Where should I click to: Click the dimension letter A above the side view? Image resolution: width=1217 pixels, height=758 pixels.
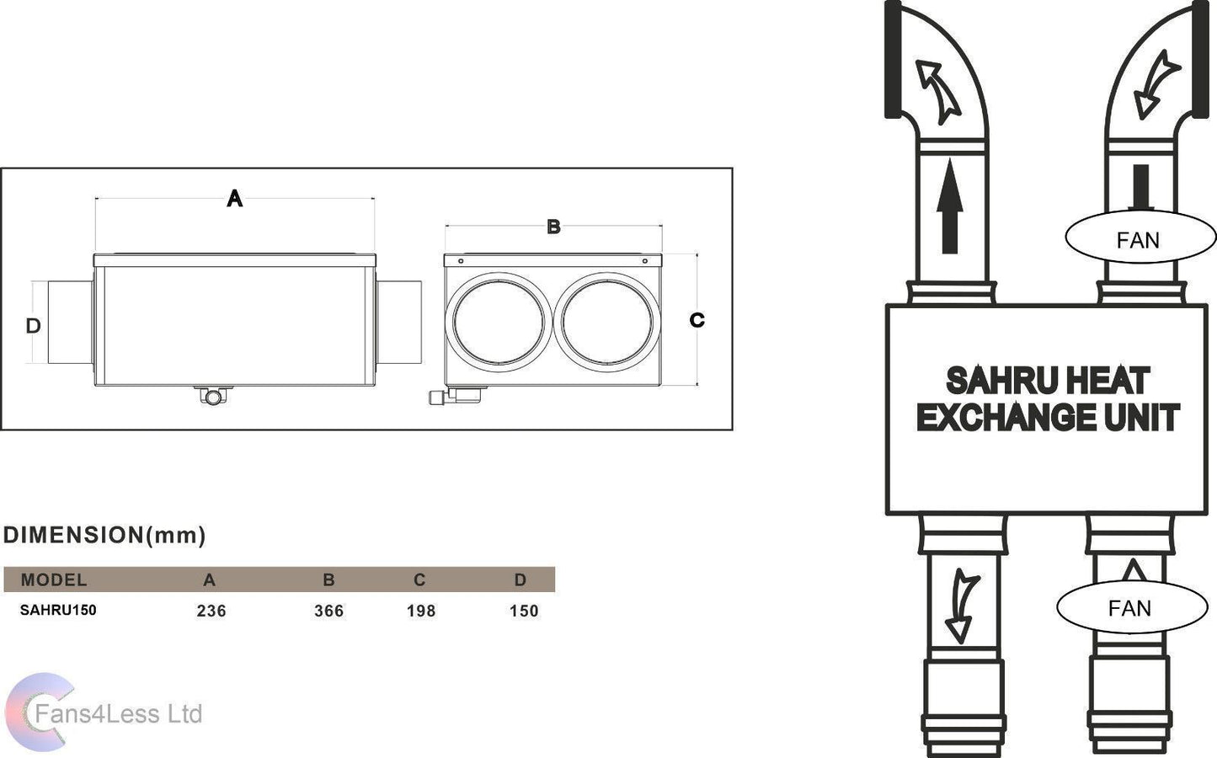[235, 198]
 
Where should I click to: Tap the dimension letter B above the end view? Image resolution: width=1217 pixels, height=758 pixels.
[553, 227]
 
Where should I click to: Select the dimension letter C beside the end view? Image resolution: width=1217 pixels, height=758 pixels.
[697, 320]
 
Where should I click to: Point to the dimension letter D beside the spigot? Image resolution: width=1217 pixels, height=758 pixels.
[33, 325]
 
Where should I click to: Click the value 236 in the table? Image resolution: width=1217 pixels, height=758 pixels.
[211, 611]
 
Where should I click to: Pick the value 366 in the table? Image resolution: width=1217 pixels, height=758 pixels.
[328, 611]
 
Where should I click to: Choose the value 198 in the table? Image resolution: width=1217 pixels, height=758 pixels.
[421, 611]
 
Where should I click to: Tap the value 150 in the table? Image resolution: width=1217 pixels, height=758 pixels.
[524, 611]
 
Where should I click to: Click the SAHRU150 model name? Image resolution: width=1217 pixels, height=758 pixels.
[58, 610]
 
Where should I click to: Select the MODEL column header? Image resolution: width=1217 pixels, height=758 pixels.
[54, 579]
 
